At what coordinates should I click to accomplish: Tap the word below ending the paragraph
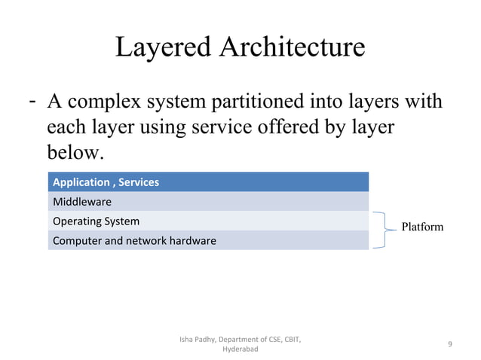pos(73,153)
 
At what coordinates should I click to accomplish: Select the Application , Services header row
pos(208,182)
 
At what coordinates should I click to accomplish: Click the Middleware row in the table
pos(82,202)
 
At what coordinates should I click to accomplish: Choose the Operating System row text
pos(96,221)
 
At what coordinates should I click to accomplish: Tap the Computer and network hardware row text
pos(134,241)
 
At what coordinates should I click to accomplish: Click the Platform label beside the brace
pos(422,227)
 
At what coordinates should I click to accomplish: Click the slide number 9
pos(449,345)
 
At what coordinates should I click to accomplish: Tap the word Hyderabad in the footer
pos(240,350)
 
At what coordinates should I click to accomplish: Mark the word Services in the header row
pos(137,182)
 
